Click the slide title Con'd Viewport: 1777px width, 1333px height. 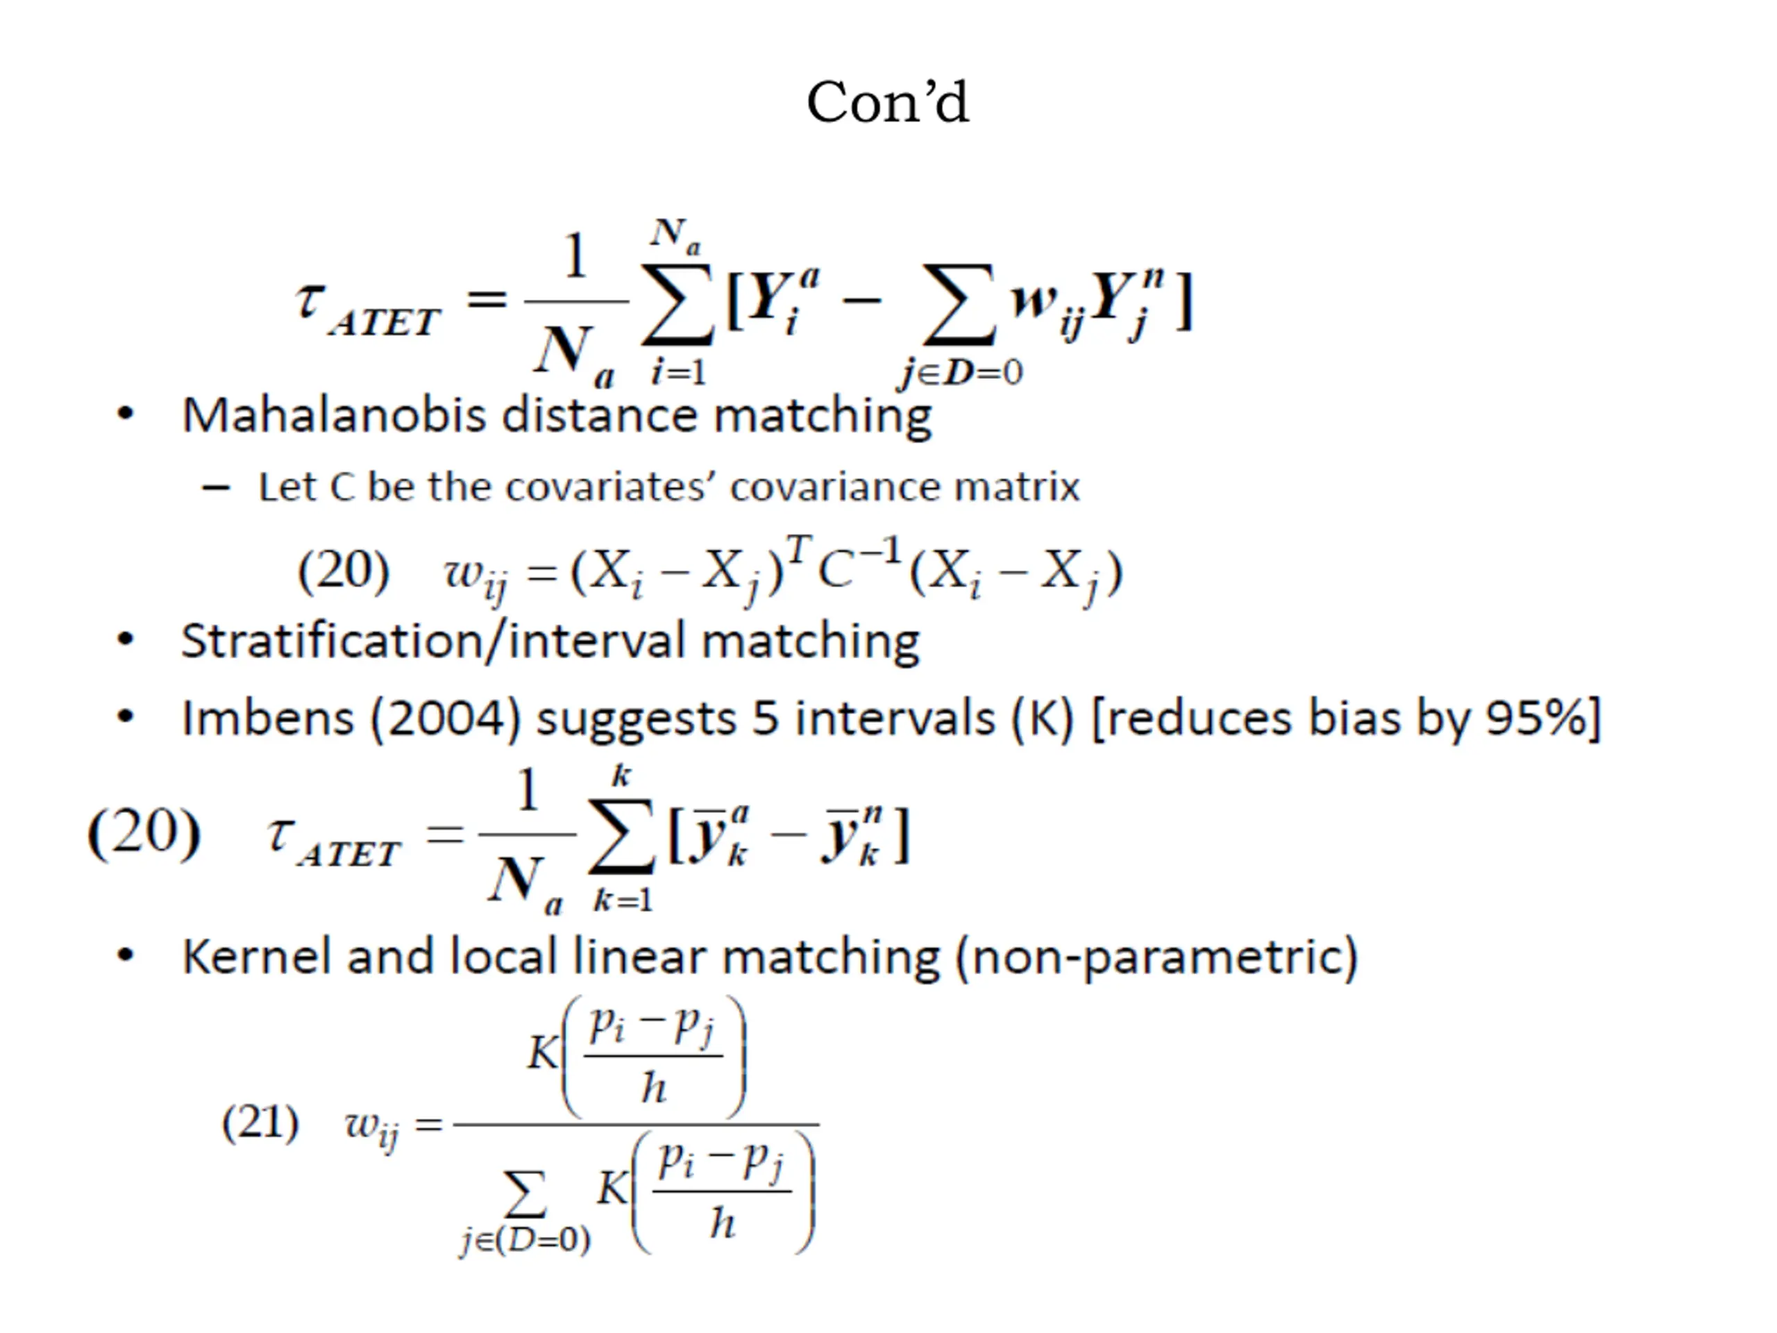coord(888,103)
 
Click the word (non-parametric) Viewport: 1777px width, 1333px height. coord(1157,956)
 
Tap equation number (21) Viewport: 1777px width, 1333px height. coord(260,1123)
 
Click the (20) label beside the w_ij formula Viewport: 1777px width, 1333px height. coord(344,571)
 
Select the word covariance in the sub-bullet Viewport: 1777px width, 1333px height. coord(832,487)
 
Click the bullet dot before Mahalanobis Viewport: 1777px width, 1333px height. coord(126,414)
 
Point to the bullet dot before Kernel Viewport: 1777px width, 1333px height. coord(126,955)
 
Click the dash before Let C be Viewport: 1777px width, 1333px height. coord(216,487)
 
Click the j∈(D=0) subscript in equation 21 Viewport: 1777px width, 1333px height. coord(526,1241)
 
